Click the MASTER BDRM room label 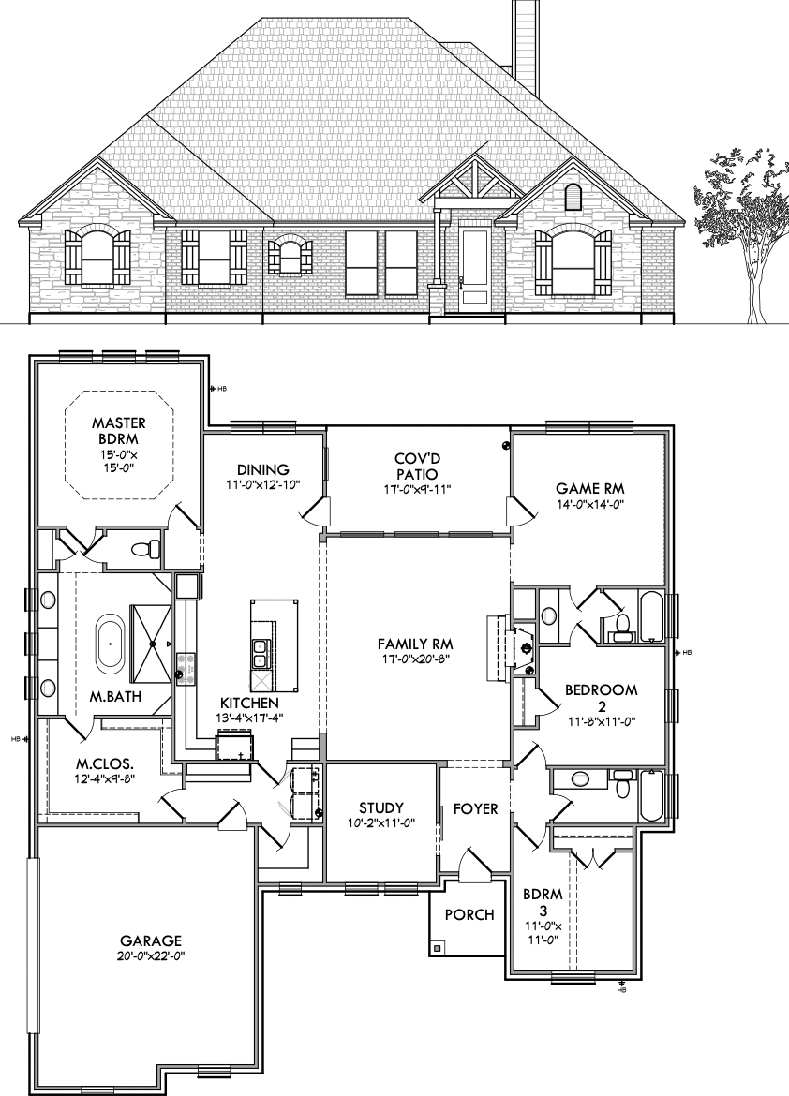[x=119, y=431]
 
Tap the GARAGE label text [x=150, y=940]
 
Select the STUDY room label [x=381, y=808]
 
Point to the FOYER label [x=476, y=808]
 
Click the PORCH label [x=469, y=914]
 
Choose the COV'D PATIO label [x=418, y=467]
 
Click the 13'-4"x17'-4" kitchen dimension [x=249, y=717]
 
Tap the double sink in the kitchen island [x=260, y=654]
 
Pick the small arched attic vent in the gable [x=573, y=197]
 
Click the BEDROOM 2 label [x=602, y=698]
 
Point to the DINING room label [x=263, y=469]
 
